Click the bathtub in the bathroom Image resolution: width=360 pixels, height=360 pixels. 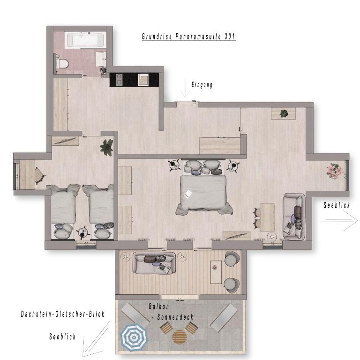click(86, 40)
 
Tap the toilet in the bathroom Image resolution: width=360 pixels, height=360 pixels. click(62, 64)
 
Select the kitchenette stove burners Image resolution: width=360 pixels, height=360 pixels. click(120, 79)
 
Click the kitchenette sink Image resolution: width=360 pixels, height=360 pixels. click(143, 79)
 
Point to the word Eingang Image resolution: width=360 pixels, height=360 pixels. click(202, 85)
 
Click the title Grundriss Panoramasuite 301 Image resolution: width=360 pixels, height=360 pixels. click(188, 37)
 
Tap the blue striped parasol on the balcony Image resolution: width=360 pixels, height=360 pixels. click(134, 337)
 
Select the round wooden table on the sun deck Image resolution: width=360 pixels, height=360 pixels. click(180, 337)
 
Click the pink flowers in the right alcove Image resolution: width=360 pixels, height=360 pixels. click(335, 171)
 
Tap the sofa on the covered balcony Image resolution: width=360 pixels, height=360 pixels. click(154, 263)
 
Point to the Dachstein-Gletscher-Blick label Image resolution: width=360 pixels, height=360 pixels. click(63, 314)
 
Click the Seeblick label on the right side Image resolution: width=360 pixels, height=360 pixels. click(337, 205)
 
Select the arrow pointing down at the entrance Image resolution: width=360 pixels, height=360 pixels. click(185, 89)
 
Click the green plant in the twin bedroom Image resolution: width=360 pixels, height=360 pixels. click(106, 147)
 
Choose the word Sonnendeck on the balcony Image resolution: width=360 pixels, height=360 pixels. click(175, 317)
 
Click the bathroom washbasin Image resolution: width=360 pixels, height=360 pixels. click(101, 59)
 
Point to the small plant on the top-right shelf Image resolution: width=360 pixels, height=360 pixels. click(284, 113)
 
